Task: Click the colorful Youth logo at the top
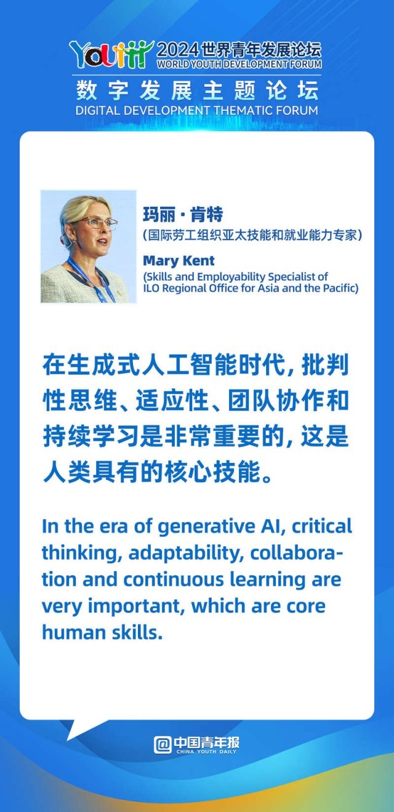tap(111, 54)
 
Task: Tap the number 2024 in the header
tap(178, 50)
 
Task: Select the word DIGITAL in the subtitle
tap(97, 110)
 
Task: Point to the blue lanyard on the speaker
tap(90, 278)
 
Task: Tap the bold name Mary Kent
tap(179, 260)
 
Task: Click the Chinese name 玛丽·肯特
tap(183, 215)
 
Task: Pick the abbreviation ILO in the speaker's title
tap(151, 288)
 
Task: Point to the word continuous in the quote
tap(174, 579)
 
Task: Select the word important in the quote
tap(137, 607)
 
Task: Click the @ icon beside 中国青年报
tap(163, 746)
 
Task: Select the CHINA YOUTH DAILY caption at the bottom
tap(206, 752)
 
